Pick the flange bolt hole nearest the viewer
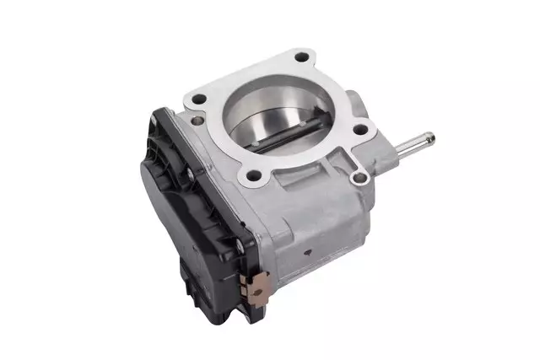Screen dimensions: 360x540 (249, 177)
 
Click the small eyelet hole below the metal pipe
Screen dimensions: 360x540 (362, 178)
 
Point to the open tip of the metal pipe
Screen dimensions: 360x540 (429, 135)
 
